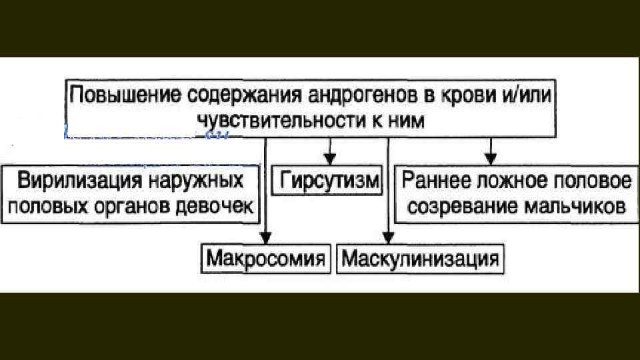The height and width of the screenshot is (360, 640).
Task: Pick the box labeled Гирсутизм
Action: tap(329, 181)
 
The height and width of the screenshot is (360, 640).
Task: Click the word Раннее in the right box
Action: tap(439, 181)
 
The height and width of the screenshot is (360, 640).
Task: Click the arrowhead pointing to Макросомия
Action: tap(265, 237)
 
